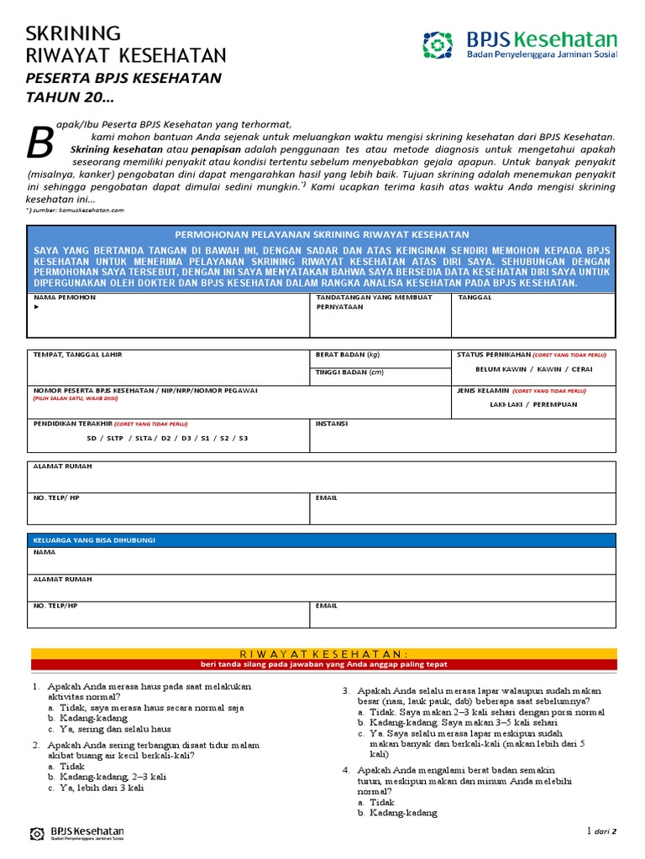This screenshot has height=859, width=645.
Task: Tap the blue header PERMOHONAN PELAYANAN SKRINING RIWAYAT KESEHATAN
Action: pyautogui.click(x=322, y=235)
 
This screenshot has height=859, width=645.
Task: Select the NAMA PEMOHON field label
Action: pyautogui.click(x=65, y=298)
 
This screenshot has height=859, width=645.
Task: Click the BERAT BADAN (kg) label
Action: pyautogui.click(x=348, y=355)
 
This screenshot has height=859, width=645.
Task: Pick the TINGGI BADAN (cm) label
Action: pyautogui.click(x=349, y=372)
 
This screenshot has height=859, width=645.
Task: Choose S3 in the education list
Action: pyautogui.click(x=243, y=438)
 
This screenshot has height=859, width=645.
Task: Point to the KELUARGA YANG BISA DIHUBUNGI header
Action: pyautogui.click(x=94, y=540)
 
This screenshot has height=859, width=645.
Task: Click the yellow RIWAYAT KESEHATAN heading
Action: pyautogui.click(x=322, y=653)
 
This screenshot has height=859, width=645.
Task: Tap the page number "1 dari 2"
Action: pyautogui.click(x=601, y=831)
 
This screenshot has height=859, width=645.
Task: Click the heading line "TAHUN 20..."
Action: pyautogui.click(x=70, y=97)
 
